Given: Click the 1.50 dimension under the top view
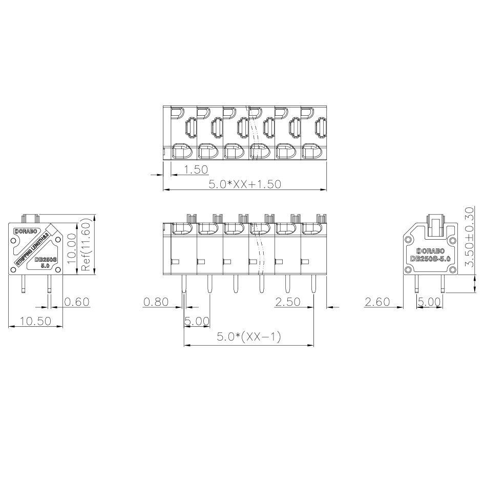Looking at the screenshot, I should (x=196, y=170).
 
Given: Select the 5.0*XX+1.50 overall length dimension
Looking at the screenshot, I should (x=244, y=184).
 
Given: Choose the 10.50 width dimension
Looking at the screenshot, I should (x=35, y=321).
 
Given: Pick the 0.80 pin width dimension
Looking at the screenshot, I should (x=157, y=302).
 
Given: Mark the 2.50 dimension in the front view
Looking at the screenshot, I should (x=287, y=302).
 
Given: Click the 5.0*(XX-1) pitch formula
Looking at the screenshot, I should (x=248, y=337).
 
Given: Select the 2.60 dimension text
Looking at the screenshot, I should (x=377, y=302).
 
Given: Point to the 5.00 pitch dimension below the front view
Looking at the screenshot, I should (x=197, y=321).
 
